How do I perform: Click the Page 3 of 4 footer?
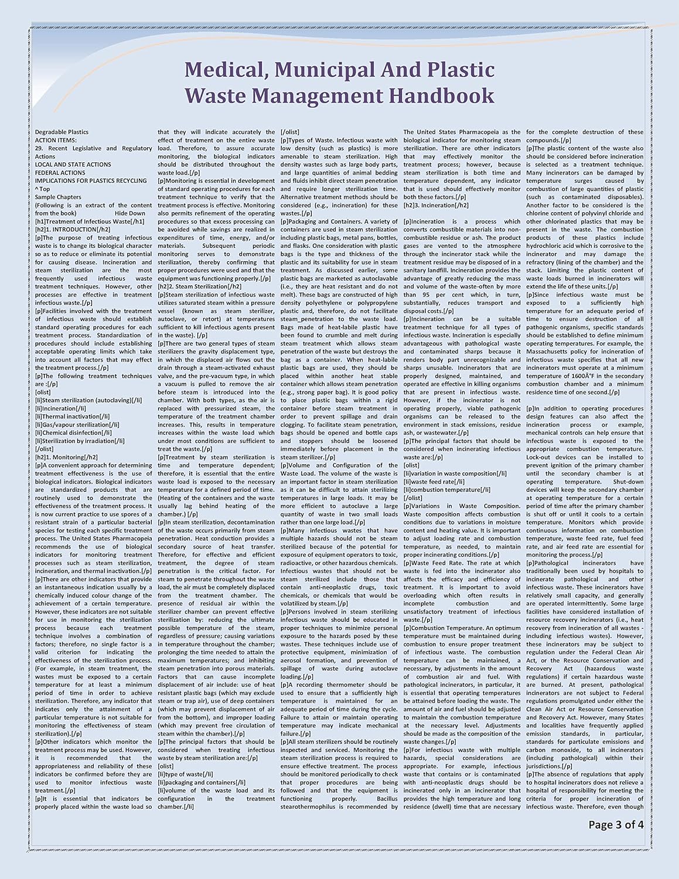pos(616,825)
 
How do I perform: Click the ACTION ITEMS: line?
pos(56,141)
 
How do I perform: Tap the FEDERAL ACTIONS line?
pos(60,173)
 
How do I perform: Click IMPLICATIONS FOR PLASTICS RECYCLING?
pos(90,181)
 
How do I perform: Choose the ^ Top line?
pos(42,189)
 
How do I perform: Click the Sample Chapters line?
pos(58,197)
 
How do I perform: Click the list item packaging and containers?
pos(202,782)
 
